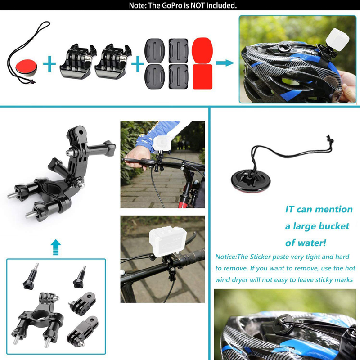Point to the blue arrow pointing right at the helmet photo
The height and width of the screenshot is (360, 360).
[225, 63]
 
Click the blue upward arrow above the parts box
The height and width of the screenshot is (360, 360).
[55, 247]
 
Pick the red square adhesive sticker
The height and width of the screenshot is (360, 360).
[202, 76]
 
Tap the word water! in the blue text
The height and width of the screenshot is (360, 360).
[312, 243]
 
